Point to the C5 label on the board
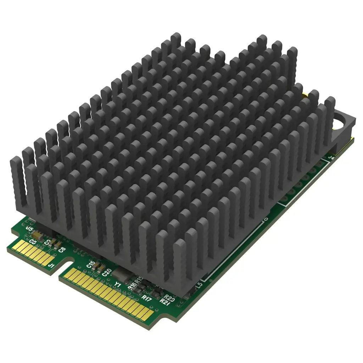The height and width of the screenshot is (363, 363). point(33,242)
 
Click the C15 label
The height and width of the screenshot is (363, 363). point(90,264)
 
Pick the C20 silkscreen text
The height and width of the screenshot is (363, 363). point(106,272)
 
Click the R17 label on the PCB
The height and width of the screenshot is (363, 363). point(145,297)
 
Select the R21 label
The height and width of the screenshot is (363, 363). point(164,301)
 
